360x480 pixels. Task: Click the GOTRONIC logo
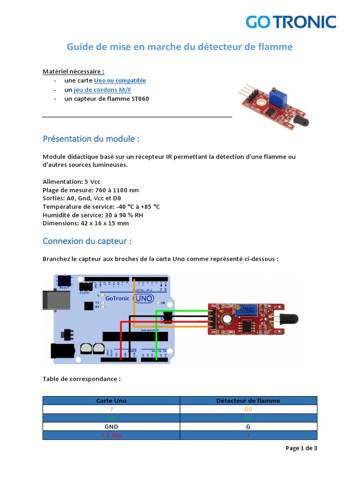pos(291,22)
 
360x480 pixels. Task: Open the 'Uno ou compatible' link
pos(120,81)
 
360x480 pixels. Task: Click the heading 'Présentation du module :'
pos(91,139)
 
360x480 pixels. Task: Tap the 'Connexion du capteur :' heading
pos(87,241)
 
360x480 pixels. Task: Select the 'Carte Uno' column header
pos(111,401)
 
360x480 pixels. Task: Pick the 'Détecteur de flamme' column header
pos(248,401)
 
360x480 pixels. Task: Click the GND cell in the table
pos(111,427)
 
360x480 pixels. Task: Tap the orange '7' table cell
pos(111,409)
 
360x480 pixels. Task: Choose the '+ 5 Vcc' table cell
pos(111,435)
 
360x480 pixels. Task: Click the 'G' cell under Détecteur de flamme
pos(248,427)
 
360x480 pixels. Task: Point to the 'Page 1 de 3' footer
pos(301,448)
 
